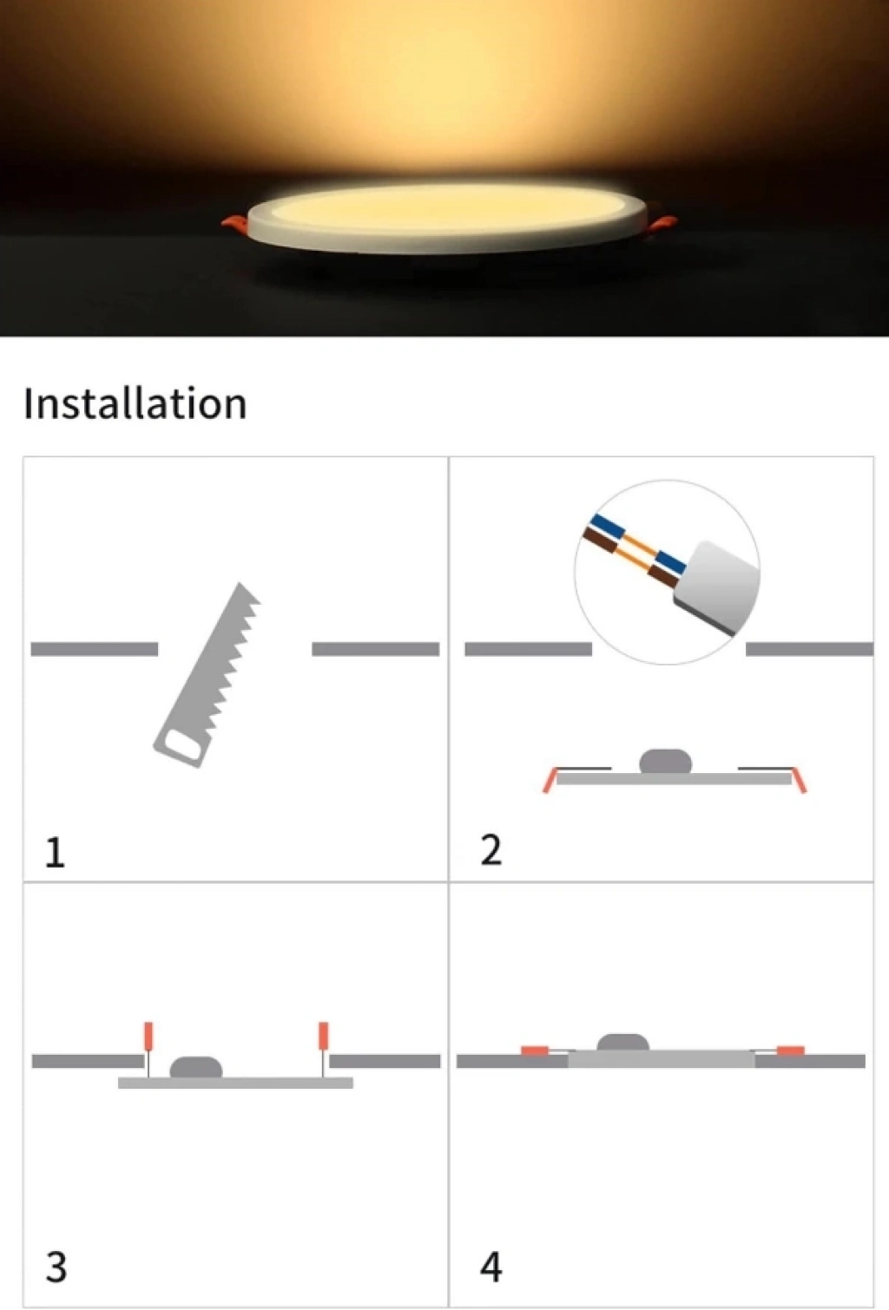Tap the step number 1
55,853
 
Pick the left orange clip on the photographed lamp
235,223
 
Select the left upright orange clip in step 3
148,1036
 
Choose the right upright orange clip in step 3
323,1036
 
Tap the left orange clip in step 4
534,1051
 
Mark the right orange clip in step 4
791,1051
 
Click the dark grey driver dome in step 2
665,762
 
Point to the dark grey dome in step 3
196,1067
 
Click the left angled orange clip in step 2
550,780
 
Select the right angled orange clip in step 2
800,780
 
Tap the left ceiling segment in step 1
95,649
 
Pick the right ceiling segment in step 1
376,649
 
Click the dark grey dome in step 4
622,1043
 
